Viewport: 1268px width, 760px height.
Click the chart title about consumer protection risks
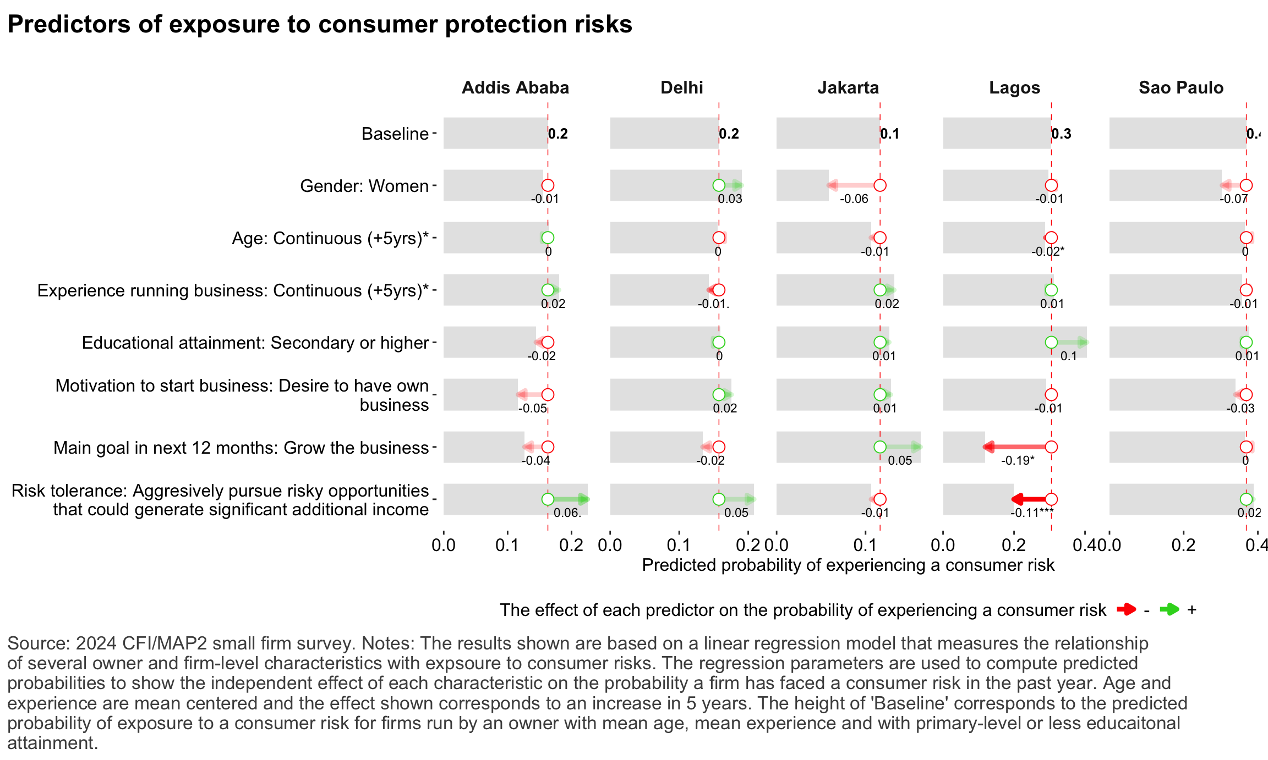pyautogui.click(x=319, y=25)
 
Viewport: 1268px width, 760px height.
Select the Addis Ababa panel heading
pyautogui.click(x=515, y=88)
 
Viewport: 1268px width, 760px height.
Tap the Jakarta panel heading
pyautogui.click(x=848, y=88)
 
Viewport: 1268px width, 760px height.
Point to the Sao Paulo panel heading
pyautogui.click(x=1180, y=88)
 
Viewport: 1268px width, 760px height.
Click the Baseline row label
pyautogui.click(x=395, y=134)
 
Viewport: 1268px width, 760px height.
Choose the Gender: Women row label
pyautogui.click(x=364, y=186)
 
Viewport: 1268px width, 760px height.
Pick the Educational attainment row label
pyautogui.click(x=255, y=343)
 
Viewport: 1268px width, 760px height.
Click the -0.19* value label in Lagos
pyautogui.click(x=1017, y=461)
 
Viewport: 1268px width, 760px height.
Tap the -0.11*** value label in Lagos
pyautogui.click(x=1031, y=513)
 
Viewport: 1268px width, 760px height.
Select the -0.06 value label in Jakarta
pyautogui.click(x=854, y=199)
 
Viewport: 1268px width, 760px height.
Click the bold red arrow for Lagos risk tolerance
pyautogui.click(x=1029, y=499)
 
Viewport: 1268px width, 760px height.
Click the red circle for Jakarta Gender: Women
pyautogui.click(x=879, y=185)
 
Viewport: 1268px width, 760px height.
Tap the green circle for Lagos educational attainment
pyautogui.click(x=1051, y=342)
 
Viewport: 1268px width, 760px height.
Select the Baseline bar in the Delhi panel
pyautogui.click(x=664, y=133)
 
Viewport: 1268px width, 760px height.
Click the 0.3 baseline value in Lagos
pyautogui.click(x=1062, y=134)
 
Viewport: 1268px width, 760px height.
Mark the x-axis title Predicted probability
pyautogui.click(x=848, y=565)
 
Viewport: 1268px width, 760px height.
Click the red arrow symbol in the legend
pyautogui.click(x=1126, y=609)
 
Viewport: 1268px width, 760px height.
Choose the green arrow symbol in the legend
pyautogui.click(x=1169, y=609)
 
